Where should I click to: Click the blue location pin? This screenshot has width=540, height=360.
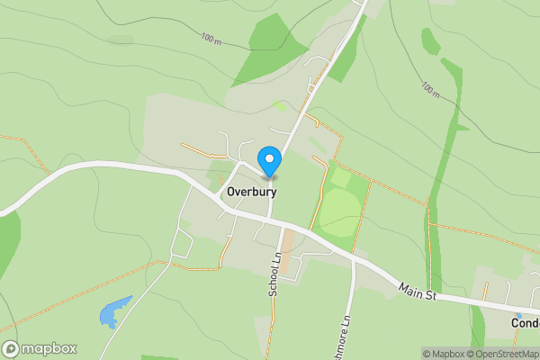tap(269, 160)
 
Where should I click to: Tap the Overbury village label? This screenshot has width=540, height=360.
tap(251, 192)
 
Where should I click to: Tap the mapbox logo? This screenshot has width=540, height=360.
tap(40, 348)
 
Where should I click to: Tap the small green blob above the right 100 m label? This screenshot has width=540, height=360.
tap(431, 40)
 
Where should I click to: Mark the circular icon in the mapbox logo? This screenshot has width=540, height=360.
tap(11, 348)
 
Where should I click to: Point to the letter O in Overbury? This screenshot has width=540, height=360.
tap(232, 192)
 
